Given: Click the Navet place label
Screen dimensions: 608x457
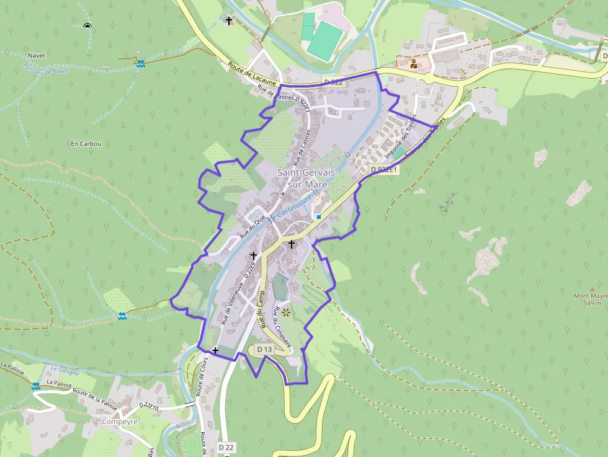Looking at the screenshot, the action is tap(37, 56).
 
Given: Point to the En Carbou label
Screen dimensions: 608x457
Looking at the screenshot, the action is tap(86, 144).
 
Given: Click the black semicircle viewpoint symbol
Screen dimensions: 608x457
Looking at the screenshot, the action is tap(87, 26).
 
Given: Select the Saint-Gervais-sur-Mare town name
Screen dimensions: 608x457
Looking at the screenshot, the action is tap(307, 178).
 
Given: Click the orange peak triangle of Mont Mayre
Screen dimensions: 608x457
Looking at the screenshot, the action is tap(592, 289).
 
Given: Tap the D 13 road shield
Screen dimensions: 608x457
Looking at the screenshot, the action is tap(264, 350).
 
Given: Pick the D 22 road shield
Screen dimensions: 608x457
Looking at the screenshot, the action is tap(226, 447).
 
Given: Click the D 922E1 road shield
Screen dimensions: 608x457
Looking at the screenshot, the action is tap(384, 169).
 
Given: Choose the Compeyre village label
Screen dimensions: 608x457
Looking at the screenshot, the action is tap(119, 422).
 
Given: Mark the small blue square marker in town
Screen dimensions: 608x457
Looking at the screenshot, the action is tap(318, 217).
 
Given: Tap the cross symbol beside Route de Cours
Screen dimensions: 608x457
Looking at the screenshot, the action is tap(215, 350).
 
